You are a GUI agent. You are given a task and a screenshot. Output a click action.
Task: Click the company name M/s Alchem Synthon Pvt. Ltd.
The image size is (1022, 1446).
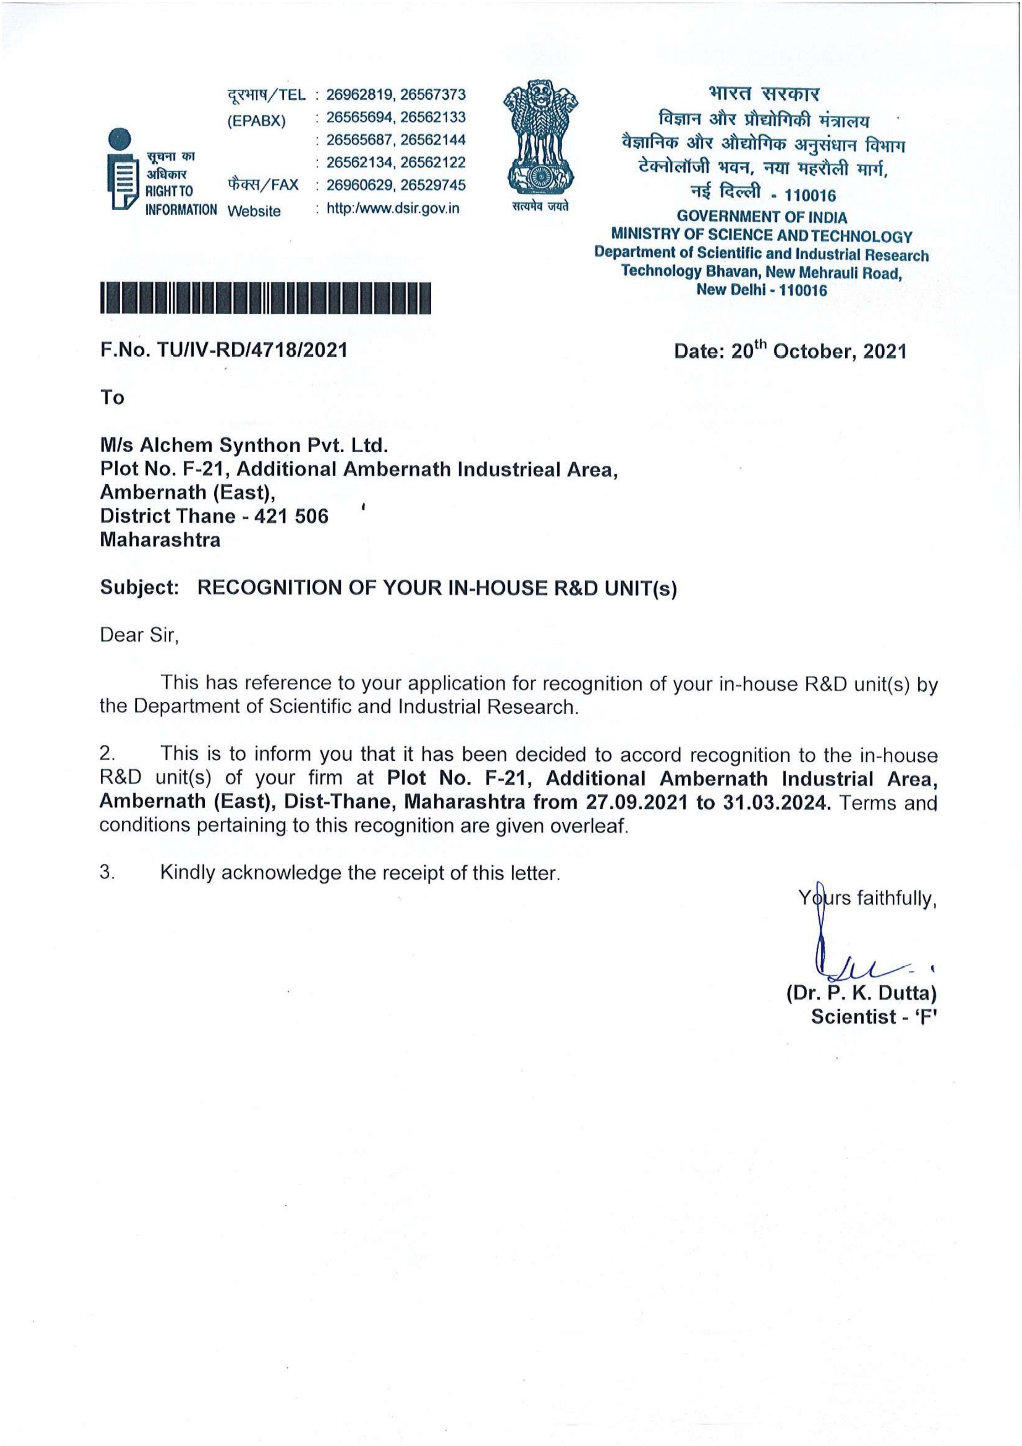[x=244, y=445]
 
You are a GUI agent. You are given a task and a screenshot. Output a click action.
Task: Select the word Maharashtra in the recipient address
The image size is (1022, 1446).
[x=161, y=540]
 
